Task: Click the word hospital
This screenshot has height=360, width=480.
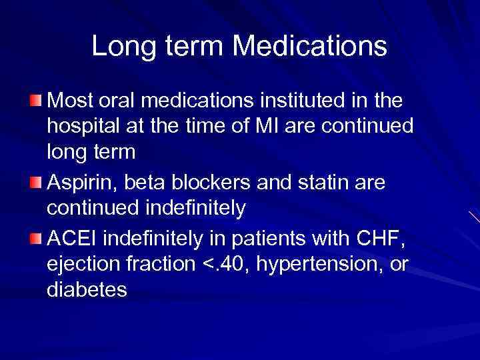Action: [82, 127]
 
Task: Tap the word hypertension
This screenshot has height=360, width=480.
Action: [320, 265]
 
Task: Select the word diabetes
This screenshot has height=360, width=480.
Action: [87, 290]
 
